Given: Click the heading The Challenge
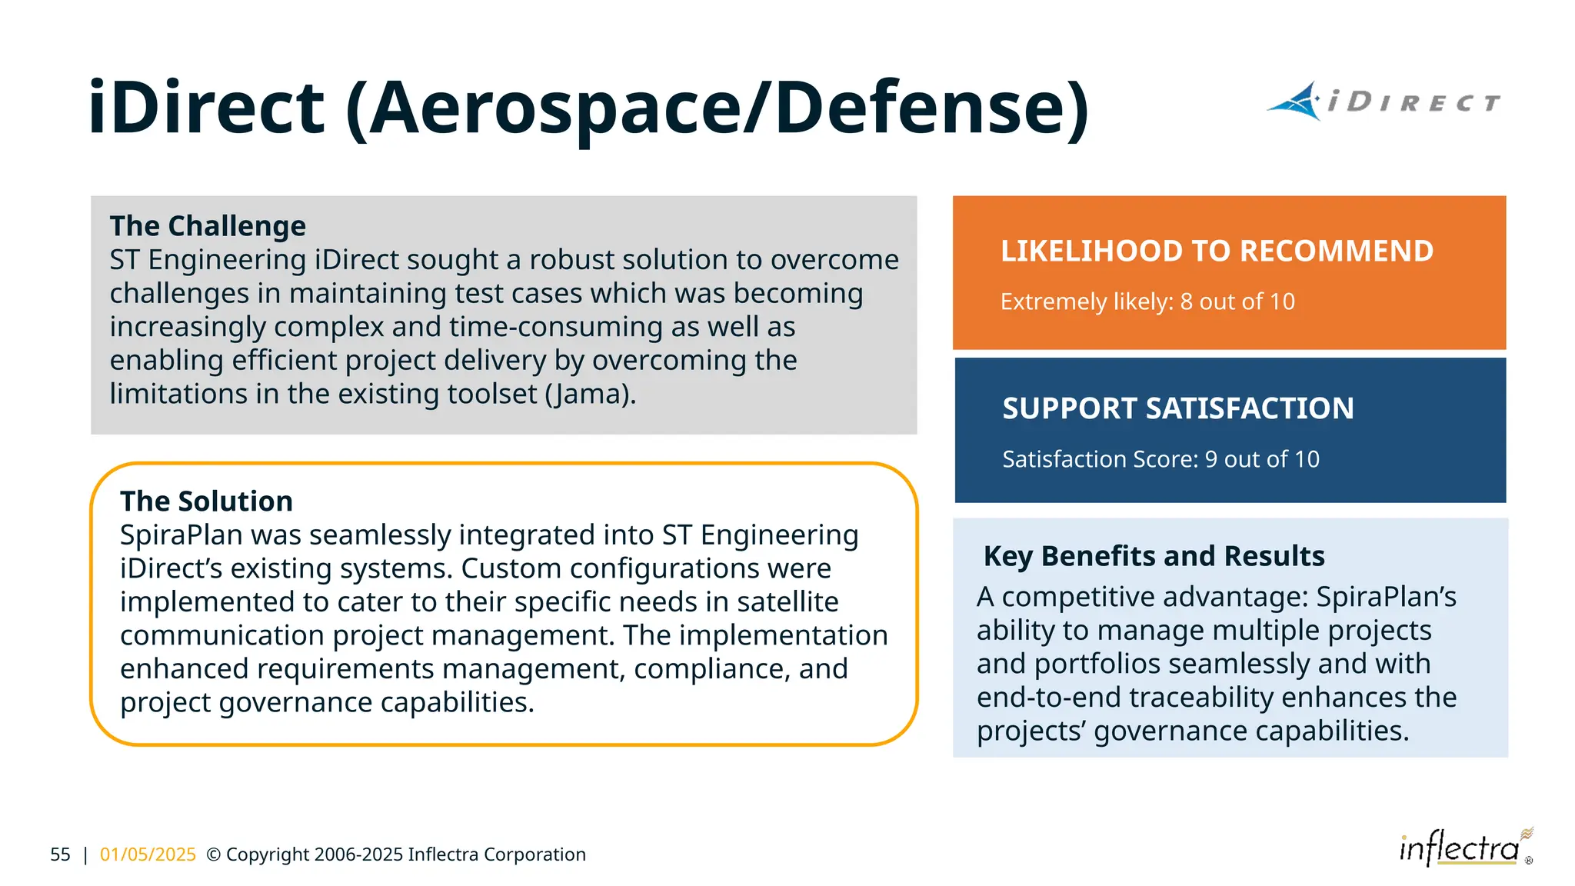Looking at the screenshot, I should click(x=208, y=226).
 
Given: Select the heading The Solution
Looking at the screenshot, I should click(x=206, y=501).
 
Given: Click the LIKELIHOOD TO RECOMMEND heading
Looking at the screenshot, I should click(x=1217, y=251).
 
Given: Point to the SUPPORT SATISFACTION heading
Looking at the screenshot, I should click(x=1177, y=408).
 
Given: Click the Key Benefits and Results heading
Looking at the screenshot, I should click(x=1154, y=556).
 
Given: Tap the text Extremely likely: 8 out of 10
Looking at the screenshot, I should click(x=1147, y=301).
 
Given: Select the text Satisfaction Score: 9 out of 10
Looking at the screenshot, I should click(x=1160, y=459).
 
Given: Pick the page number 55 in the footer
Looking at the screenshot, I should click(x=60, y=854).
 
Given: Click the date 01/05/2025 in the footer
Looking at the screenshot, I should click(x=148, y=854).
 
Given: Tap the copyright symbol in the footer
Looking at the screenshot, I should click(x=214, y=854).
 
